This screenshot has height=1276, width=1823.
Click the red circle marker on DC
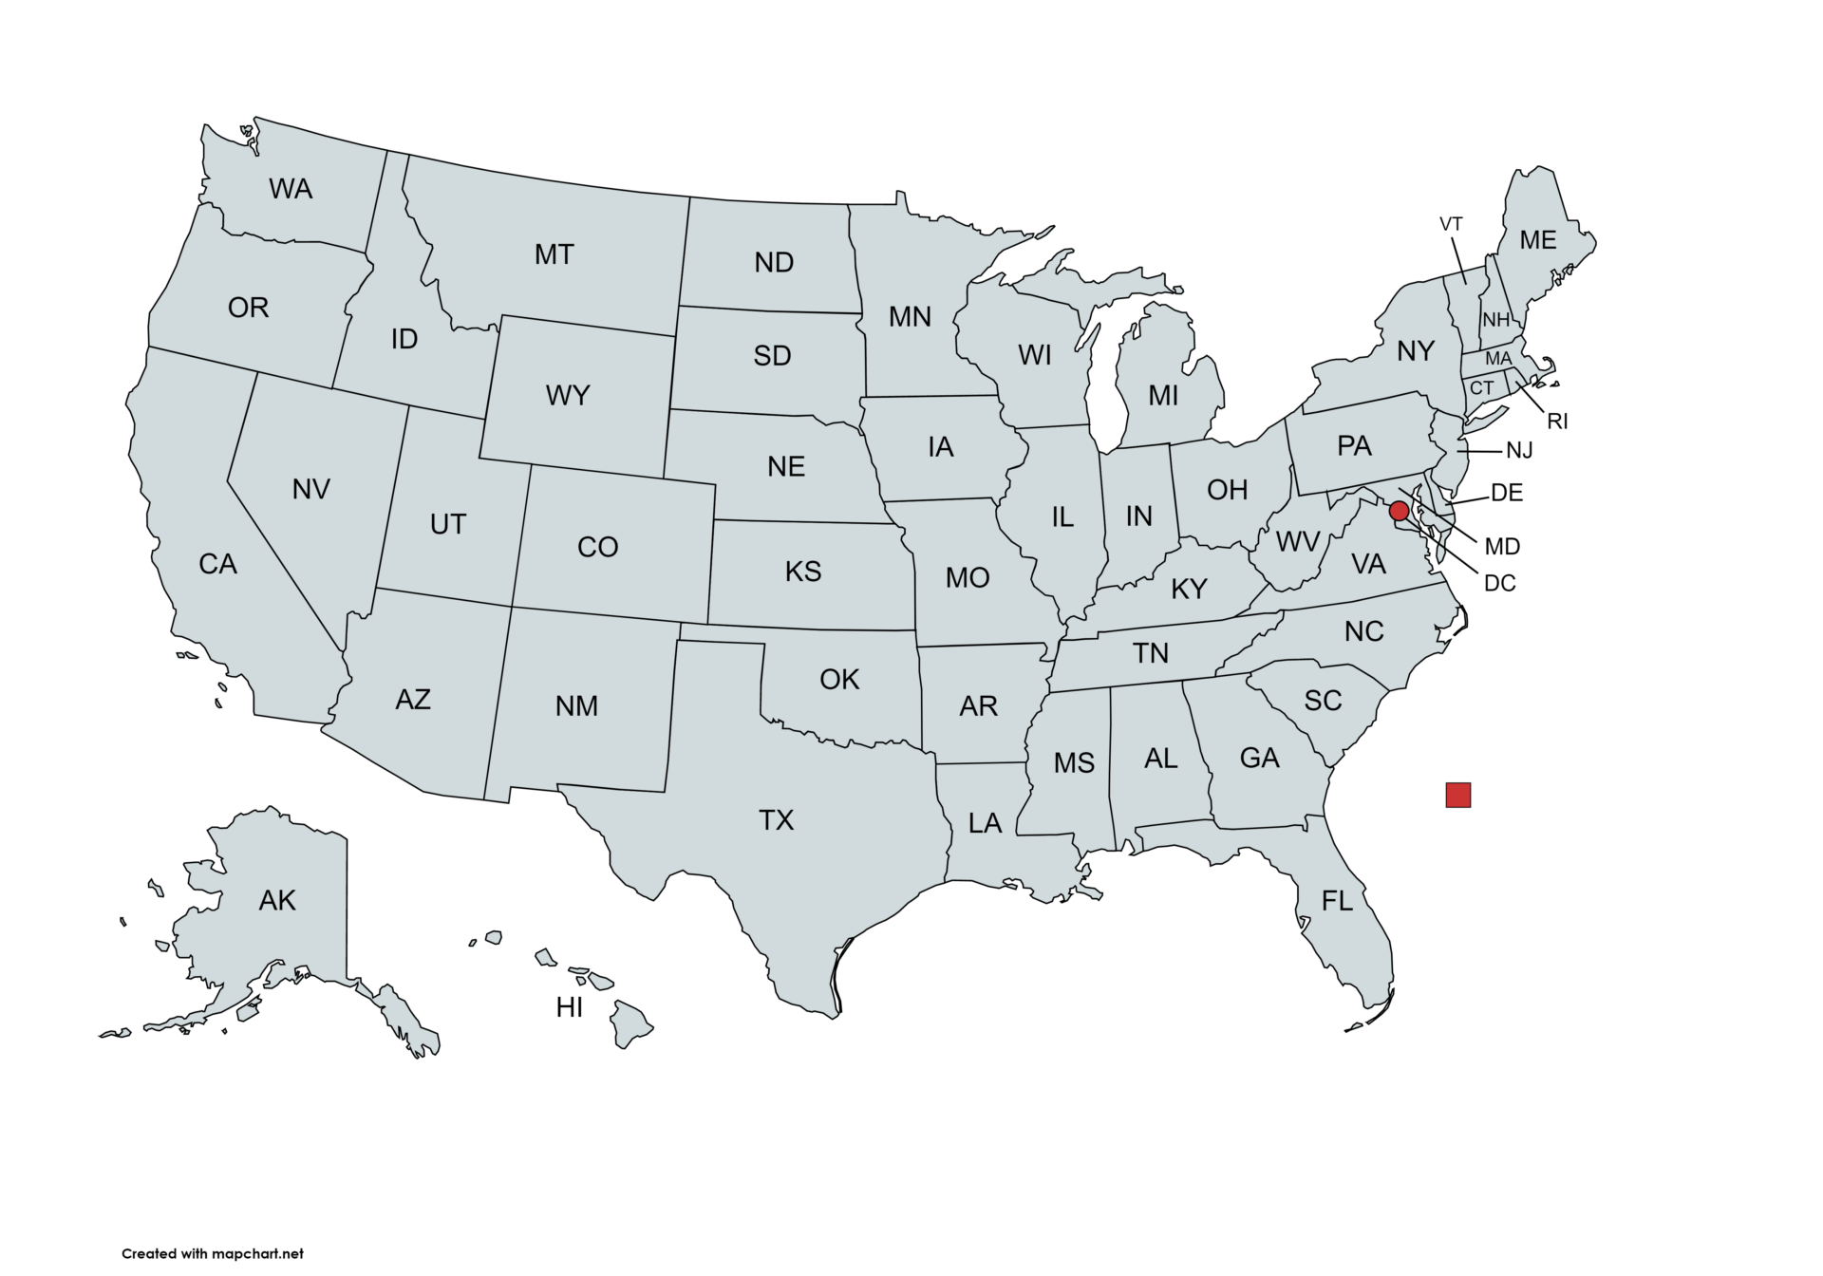[1399, 511]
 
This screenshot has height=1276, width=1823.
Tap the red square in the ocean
[1457, 795]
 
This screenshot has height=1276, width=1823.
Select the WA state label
[291, 189]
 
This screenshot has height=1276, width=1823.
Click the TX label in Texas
[776, 819]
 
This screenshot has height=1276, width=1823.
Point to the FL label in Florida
[1337, 900]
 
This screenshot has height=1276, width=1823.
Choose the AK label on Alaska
[277, 900]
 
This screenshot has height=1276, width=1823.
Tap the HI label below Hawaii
[570, 1007]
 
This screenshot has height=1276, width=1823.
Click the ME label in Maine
[1537, 240]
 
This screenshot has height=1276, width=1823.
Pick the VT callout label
[1451, 224]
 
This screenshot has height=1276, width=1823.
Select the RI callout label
[1557, 422]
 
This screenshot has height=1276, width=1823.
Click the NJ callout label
[1519, 450]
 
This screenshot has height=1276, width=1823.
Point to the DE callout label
[1507, 493]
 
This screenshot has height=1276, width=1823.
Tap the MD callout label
[1502, 547]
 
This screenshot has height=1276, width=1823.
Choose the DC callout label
[1499, 583]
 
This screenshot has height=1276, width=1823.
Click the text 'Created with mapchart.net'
[213, 1253]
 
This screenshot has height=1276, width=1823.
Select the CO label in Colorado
[597, 547]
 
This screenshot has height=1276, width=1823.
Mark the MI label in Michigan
[1163, 395]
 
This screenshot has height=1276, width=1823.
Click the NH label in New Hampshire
[1495, 320]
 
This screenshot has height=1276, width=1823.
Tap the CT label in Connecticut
[1481, 388]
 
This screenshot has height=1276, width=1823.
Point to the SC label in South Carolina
[1323, 701]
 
